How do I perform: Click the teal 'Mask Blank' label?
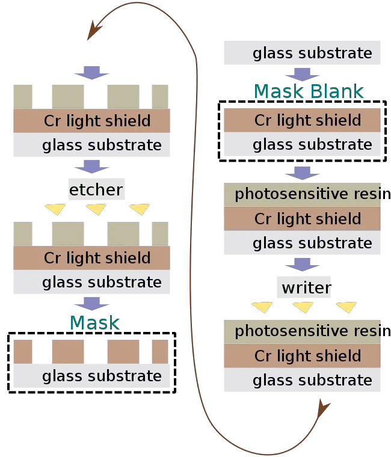click(309, 92)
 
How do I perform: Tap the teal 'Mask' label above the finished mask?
click(94, 322)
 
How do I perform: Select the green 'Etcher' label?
click(97, 191)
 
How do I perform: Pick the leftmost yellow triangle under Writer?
click(262, 308)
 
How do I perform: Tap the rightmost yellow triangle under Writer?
click(346, 308)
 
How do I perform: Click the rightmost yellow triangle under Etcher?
click(140, 209)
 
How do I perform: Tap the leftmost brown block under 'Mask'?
click(23, 351)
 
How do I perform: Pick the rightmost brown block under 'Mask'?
click(159, 351)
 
